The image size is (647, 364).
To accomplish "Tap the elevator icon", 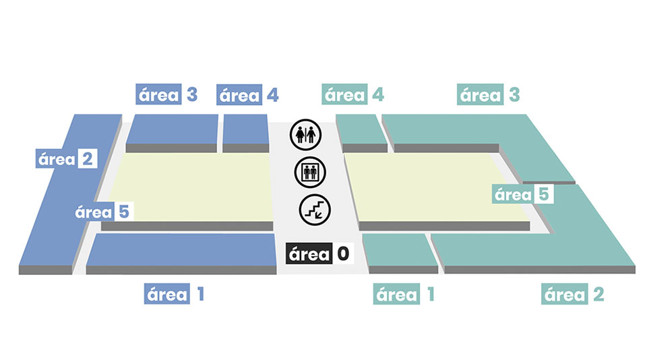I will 310,172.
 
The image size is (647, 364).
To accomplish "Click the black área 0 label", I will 319,253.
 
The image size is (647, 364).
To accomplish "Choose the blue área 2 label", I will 67,160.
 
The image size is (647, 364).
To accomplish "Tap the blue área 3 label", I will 167,95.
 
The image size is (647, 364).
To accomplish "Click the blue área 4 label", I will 248,95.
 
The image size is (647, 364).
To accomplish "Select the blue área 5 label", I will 102,212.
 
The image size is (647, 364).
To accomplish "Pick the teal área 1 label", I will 404,294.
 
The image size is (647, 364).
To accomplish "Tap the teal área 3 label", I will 489,95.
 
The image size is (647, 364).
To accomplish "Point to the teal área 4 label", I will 355,95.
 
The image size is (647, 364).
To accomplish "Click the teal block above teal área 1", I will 399,250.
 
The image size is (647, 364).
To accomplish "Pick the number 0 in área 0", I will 344,253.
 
